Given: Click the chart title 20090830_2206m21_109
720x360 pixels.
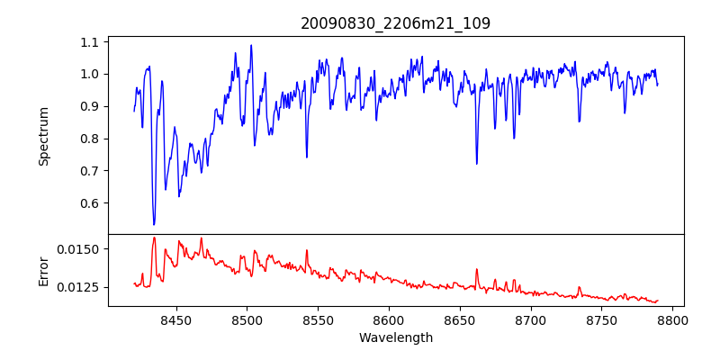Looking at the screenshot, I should click(395, 23).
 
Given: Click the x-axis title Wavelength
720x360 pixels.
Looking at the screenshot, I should click(395, 337).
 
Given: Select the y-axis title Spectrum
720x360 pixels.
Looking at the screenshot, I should click(43, 135).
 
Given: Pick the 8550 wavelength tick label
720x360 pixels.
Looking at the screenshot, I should click(318, 319).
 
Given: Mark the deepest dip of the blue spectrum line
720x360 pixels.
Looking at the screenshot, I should click(154, 224).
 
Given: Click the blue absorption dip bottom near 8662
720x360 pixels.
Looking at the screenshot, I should click(477, 164).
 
